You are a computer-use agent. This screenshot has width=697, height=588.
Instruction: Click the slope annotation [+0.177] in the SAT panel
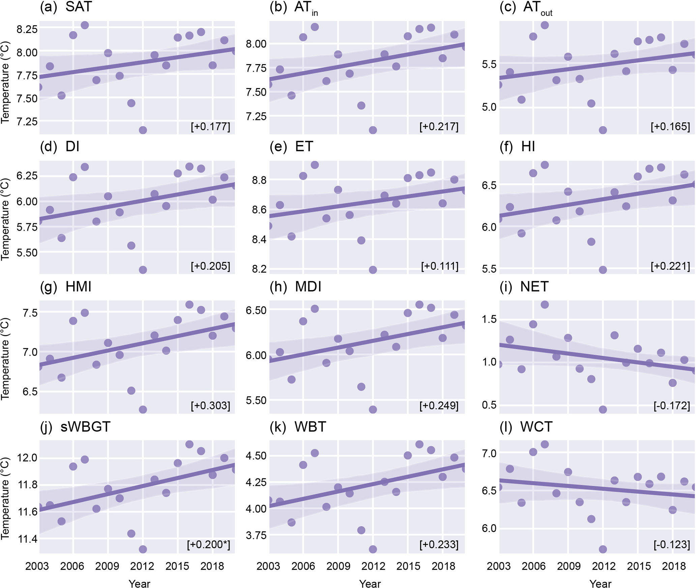[x=210, y=127]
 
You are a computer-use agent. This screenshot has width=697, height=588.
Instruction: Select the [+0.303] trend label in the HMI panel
[x=210, y=406]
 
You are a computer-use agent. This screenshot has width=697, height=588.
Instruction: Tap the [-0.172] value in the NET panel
[x=672, y=406]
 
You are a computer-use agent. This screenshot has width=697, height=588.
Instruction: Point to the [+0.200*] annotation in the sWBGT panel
[x=208, y=545]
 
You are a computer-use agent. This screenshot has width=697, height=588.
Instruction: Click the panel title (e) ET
[x=291, y=147]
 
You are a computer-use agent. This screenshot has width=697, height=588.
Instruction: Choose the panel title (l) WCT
[x=526, y=427]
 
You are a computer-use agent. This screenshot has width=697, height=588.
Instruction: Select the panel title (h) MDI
[x=295, y=287]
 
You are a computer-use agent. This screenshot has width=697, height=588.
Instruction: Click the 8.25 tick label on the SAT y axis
[x=27, y=29]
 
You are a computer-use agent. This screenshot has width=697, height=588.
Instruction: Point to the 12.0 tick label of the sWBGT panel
[x=27, y=458]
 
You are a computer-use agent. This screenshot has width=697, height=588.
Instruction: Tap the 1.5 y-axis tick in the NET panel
[x=489, y=319]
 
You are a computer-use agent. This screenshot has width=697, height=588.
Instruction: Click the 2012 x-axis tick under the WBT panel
[x=373, y=566]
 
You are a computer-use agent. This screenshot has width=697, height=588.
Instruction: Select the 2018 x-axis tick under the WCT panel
[x=674, y=566]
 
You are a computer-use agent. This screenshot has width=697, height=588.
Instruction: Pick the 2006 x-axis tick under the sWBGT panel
[x=72, y=566]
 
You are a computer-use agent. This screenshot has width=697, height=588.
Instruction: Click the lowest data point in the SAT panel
[x=143, y=130]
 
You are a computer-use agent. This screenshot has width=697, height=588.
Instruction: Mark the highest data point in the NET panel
[x=545, y=305]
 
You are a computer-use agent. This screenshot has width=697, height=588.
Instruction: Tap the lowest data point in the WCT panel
[x=603, y=549]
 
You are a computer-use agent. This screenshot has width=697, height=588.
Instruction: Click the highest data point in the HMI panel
[x=189, y=305]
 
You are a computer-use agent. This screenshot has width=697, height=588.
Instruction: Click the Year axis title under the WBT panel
[x=370, y=584]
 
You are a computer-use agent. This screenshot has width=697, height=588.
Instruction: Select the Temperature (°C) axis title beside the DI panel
[x=5, y=219]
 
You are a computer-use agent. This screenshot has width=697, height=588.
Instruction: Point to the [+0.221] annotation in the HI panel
[x=670, y=266]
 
